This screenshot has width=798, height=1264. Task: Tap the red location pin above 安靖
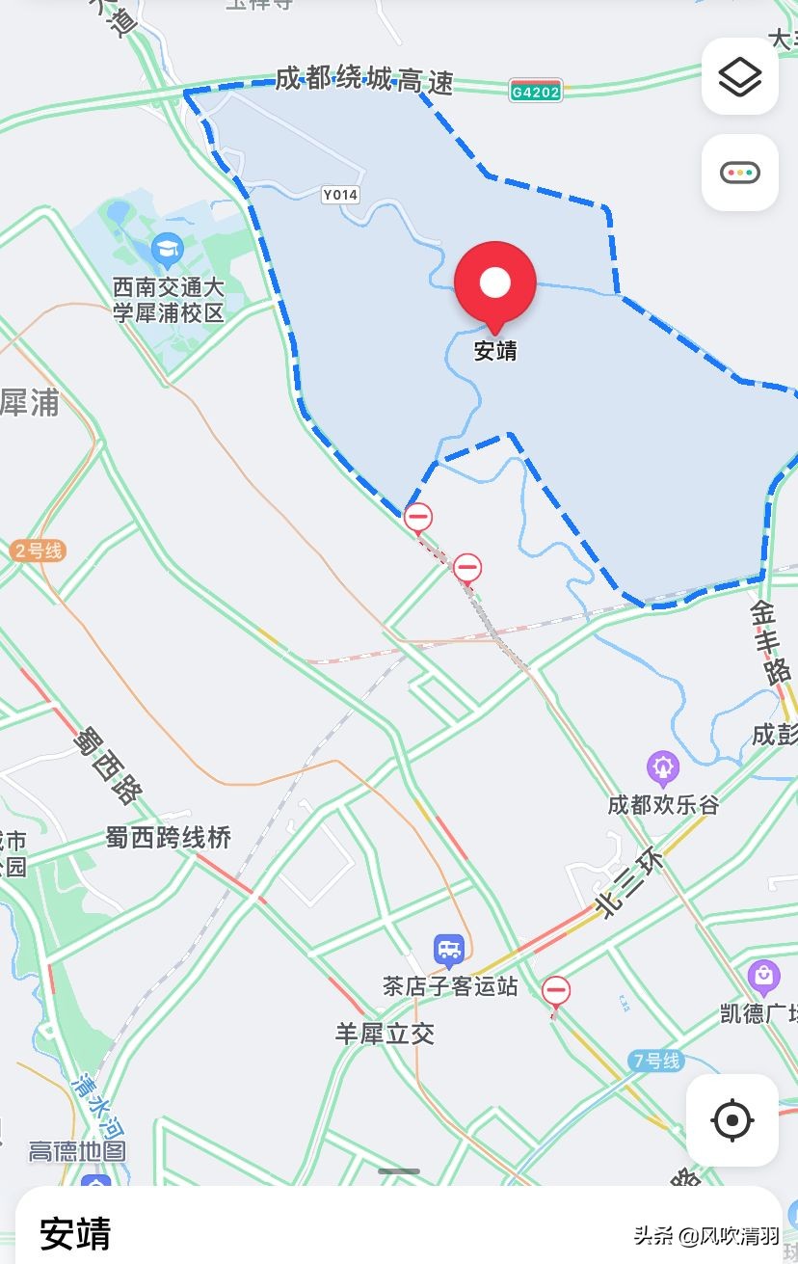point(495,282)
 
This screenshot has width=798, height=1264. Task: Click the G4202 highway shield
point(536,91)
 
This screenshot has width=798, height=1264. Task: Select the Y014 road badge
point(340,195)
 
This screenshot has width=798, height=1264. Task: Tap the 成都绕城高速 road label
point(363,80)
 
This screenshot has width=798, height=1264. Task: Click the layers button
point(739,76)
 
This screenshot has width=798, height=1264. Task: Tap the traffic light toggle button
point(739,173)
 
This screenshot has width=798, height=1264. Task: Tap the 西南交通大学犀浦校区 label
point(169,300)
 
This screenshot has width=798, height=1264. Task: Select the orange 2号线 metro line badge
point(39,551)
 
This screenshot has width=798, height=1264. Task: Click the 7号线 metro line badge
point(656,1061)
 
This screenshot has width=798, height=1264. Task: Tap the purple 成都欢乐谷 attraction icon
point(663,768)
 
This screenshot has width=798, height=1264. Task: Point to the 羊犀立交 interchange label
point(385,1035)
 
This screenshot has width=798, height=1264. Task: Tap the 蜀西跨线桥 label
point(169,837)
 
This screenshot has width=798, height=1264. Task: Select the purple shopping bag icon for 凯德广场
point(763,978)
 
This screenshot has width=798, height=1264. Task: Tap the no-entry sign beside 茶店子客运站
point(555,990)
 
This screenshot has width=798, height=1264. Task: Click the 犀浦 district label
point(29,403)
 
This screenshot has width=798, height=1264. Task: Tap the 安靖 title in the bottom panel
point(75,1233)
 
